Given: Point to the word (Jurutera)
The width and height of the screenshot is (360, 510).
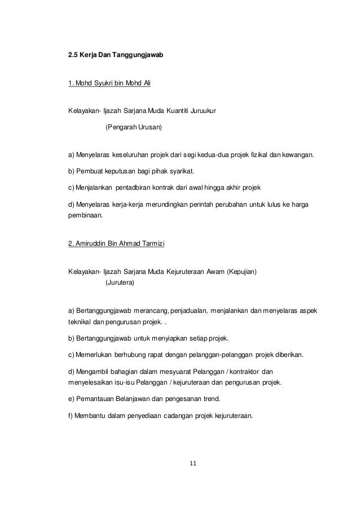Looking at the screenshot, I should click(x=120, y=282).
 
